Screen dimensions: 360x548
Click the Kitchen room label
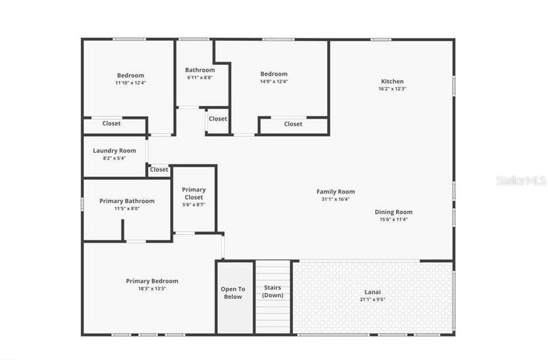click(x=392, y=81)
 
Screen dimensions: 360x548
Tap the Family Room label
click(x=336, y=192)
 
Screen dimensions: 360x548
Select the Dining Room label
click(x=393, y=212)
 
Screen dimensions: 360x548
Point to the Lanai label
click(x=372, y=292)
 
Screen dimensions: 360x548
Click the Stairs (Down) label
click(x=273, y=292)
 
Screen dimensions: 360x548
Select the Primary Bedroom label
click(x=152, y=281)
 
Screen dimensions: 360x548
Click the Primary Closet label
click(x=194, y=193)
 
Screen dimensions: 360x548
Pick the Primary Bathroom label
click(x=127, y=201)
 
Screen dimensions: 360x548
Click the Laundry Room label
click(x=115, y=151)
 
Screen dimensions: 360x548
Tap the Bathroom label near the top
click(x=200, y=70)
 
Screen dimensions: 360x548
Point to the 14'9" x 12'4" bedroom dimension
click(x=274, y=81)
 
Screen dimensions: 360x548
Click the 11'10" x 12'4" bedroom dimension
click(x=131, y=83)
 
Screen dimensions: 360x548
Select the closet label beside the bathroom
click(x=218, y=119)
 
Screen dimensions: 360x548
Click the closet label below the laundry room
click(x=159, y=170)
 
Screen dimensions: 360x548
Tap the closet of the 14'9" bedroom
click(x=293, y=124)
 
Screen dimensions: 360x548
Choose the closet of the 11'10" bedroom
click(x=111, y=123)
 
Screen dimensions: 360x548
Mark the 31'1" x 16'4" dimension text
click(x=336, y=199)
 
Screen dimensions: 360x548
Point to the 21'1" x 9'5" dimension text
click(x=372, y=299)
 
